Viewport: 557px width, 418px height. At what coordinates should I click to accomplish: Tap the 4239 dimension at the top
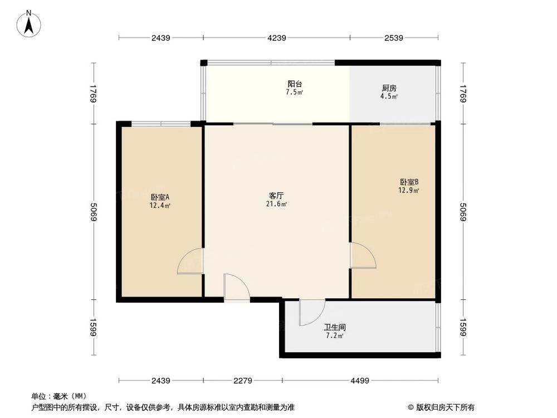(x=276, y=38)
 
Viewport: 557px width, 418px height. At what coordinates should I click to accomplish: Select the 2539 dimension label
(x=393, y=38)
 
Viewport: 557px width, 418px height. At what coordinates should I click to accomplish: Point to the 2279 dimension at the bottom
(x=243, y=381)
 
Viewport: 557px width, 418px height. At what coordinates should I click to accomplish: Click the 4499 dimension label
(x=360, y=381)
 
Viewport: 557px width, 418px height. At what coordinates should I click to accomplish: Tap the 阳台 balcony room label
(x=295, y=84)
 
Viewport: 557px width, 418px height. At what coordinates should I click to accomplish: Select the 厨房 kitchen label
(x=389, y=88)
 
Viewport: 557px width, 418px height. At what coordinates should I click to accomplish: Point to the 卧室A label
(x=160, y=197)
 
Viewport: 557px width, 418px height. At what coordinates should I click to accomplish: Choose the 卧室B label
(x=409, y=182)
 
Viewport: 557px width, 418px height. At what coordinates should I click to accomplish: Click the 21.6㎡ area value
(x=276, y=205)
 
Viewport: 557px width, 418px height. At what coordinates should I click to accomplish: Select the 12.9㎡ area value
(x=409, y=190)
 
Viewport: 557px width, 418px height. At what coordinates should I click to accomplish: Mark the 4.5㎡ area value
(x=389, y=96)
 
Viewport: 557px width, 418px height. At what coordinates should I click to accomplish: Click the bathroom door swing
(x=311, y=312)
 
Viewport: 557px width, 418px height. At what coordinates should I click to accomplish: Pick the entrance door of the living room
(x=236, y=288)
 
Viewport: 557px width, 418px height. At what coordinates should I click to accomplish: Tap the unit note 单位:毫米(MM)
(x=59, y=396)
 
